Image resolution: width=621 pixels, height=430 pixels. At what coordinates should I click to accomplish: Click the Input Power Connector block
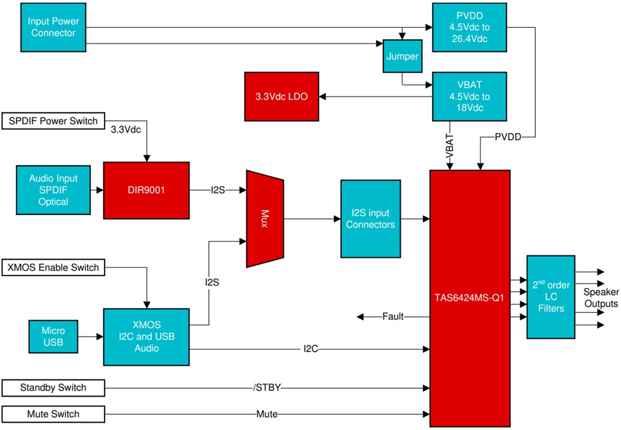click(53, 28)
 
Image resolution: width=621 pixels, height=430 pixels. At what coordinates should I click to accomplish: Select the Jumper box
click(403, 56)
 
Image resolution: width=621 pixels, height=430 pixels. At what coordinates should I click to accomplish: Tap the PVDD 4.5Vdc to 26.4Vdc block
click(467, 28)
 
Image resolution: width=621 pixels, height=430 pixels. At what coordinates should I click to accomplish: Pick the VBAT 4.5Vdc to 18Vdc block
click(467, 96)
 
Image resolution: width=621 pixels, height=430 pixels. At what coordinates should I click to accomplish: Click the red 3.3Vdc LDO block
click(281, 96)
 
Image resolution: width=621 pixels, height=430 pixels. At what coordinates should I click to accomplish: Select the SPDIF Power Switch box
click(53, 121)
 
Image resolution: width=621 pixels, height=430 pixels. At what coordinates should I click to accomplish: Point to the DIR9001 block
click(146, 190)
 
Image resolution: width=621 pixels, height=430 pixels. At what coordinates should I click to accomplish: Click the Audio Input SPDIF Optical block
click(53, 190)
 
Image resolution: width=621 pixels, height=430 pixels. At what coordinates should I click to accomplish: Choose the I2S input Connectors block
click(370, 219)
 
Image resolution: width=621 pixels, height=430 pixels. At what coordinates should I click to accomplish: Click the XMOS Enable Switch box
click(53, 267)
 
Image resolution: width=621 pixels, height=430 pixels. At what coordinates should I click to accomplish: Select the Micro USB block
click(53, 337)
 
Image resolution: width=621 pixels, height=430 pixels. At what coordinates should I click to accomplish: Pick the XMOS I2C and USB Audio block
click(146, 337)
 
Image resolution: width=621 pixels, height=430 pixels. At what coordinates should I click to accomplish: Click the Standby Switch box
click(53, 388)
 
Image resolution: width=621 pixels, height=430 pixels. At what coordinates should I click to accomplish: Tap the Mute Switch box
click(53, 414)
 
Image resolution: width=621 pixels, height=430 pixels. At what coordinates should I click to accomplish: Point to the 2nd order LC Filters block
click(550, 297)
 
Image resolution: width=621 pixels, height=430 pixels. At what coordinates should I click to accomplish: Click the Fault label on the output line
click(392, 317)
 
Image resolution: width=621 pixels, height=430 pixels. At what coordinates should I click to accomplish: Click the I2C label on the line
click(311, 349)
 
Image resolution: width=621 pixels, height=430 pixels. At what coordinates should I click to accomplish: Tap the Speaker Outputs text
click(601, 298)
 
